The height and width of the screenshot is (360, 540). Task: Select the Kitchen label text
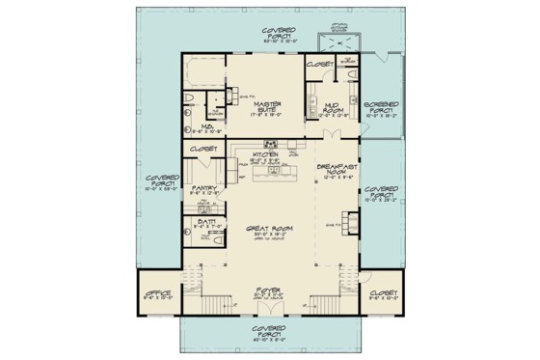[x=265, y=153]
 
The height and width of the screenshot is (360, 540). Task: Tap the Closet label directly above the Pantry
[x=204, y=150]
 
